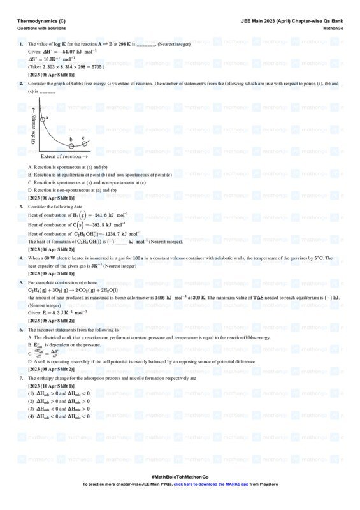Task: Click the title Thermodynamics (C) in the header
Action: click(x=41, y=21)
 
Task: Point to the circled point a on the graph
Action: click(x=43, y=119)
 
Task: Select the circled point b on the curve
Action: click(x=71, y=145)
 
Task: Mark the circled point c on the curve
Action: click(x=84, y=143)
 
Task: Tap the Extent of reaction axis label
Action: click(x=64, y=156)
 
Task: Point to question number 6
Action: click(x=21, y=330)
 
